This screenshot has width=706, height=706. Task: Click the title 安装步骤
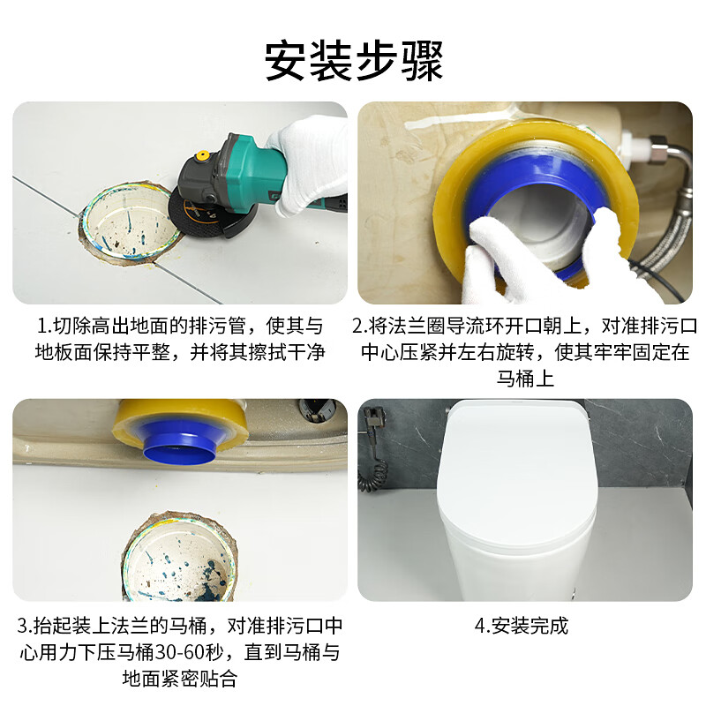point(353,62)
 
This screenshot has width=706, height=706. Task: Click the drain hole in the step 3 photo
point(182,561)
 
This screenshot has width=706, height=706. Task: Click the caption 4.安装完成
point(521,627)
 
